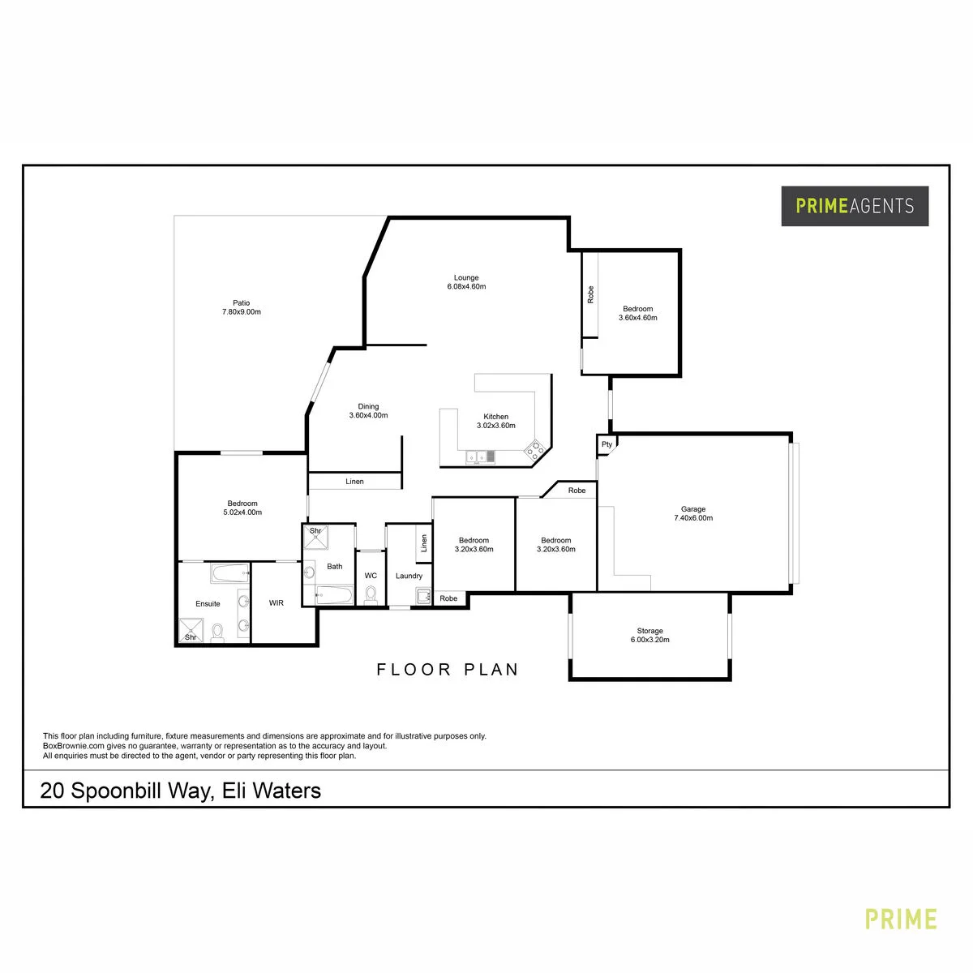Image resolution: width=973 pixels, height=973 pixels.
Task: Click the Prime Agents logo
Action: [x=855, y=205]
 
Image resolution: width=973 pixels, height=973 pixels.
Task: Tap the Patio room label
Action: [x=242, y=303]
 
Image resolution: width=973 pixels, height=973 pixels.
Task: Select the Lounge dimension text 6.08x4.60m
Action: [x=466, y=287]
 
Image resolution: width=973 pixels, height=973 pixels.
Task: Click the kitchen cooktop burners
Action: [x=535, y=449]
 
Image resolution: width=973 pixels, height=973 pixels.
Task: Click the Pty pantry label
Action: [x=607, y=445]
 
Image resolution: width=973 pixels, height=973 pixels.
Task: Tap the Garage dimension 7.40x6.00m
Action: [x=693, y=518]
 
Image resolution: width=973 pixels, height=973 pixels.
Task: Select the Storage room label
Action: [x=649, y=631]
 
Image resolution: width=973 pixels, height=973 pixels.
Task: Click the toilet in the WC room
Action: [x=371, y=595]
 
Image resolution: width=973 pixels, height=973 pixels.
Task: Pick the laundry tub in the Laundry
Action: [x=423, y=596]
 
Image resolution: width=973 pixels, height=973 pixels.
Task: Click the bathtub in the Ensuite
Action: [x=229, y=573]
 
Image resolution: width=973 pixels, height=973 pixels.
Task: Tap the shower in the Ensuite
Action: [x=191, y=631]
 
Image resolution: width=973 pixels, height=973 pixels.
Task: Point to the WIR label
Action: [x=276, y=603]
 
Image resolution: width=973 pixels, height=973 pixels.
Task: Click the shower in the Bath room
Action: [x=315, y=538]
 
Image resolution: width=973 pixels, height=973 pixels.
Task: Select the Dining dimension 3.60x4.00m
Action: [x=368, y=416]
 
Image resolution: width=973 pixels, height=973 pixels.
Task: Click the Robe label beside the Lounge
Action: [x=590, y=295]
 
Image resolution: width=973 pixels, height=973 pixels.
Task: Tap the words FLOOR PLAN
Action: [x=448, y=670]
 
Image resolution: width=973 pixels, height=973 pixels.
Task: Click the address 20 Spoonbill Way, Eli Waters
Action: [x=180, y=791]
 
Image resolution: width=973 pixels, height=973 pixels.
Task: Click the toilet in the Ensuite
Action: [x=217, y=632]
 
